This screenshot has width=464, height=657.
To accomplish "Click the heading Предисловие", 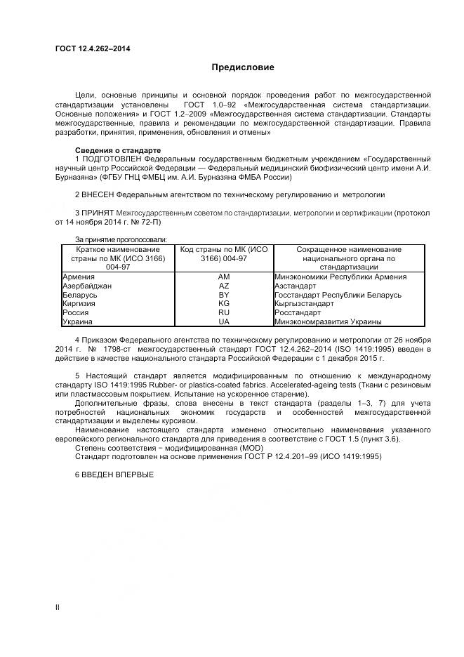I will click(x=243, y=67).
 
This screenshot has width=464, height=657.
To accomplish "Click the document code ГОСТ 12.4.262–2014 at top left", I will click(x=92, y=48).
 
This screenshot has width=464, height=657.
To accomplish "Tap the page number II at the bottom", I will click(x=58, y=605).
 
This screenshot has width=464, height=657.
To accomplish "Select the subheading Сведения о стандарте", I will click(x=117, y=151).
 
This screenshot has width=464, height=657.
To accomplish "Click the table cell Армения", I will click(x=79, y=277).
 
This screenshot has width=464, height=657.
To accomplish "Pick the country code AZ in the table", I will click(x=224, y=286).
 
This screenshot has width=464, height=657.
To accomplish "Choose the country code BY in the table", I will click(x=224, y=296).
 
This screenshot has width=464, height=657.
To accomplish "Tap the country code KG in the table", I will click(x=224, y=304).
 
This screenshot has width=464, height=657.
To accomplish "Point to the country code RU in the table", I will click(x=224, y=313).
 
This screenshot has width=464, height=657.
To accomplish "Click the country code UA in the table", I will click(x=224, y=321).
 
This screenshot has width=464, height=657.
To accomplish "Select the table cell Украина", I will click(x=77, y=321).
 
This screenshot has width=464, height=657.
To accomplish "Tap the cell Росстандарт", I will click(x=298, y=313).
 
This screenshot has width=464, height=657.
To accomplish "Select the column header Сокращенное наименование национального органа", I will click(x=349, y=258).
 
